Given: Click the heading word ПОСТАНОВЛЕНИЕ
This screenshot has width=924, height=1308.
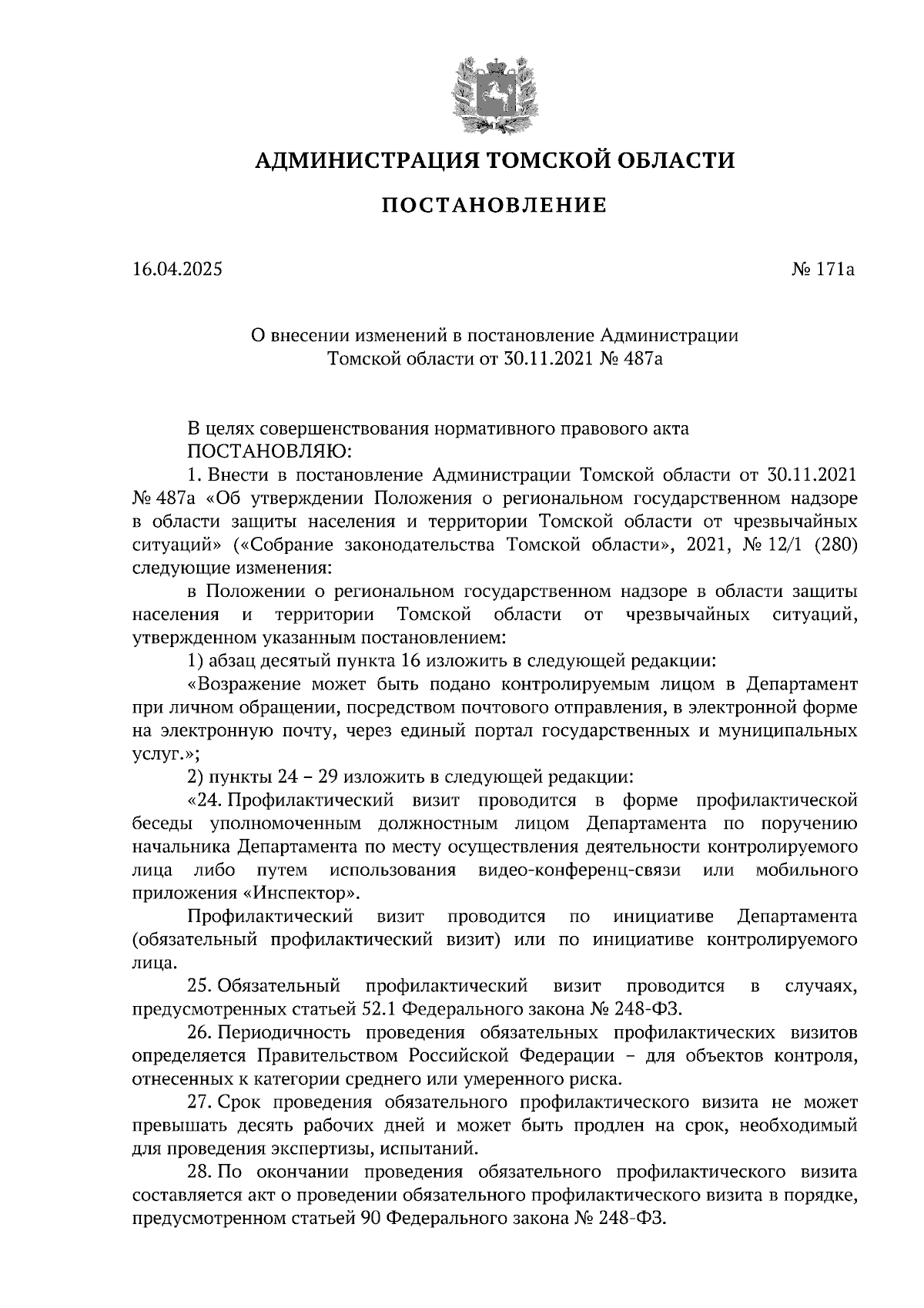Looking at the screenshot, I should click(494, 206).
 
